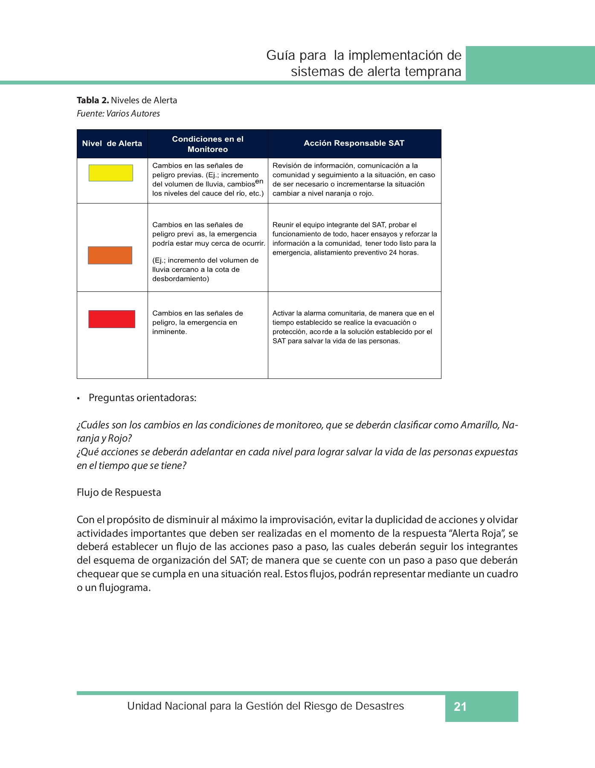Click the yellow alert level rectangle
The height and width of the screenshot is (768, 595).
click(110, 173)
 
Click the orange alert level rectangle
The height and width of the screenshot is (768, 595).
click(110, 255)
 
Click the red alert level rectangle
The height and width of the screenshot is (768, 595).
click(112, 319)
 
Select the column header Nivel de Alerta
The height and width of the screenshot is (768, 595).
click(112, 144)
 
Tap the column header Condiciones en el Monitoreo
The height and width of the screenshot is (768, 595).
click(208, 144)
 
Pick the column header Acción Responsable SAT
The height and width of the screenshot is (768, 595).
click(354, 143)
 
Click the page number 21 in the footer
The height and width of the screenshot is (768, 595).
click(460, 707)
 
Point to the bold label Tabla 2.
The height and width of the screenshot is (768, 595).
click(93, 100)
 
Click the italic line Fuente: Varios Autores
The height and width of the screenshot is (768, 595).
click(118, 113)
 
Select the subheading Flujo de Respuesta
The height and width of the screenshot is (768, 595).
click(119, 492)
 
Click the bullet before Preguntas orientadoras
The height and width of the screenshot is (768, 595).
click(78, 399)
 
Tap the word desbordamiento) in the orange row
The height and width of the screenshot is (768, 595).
click(181, 279)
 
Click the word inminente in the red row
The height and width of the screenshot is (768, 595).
click(169, 332)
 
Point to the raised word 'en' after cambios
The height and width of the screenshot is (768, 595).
click(259, 181)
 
